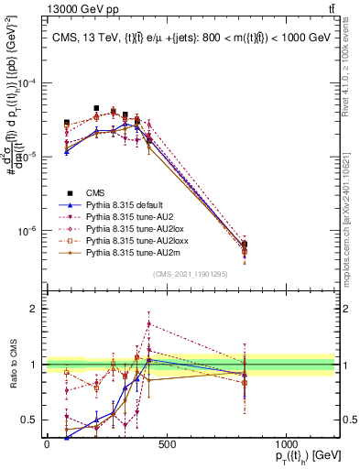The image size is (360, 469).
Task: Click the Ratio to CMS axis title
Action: pos(13,364)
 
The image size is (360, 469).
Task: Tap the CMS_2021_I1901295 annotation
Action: pos(190,274)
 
